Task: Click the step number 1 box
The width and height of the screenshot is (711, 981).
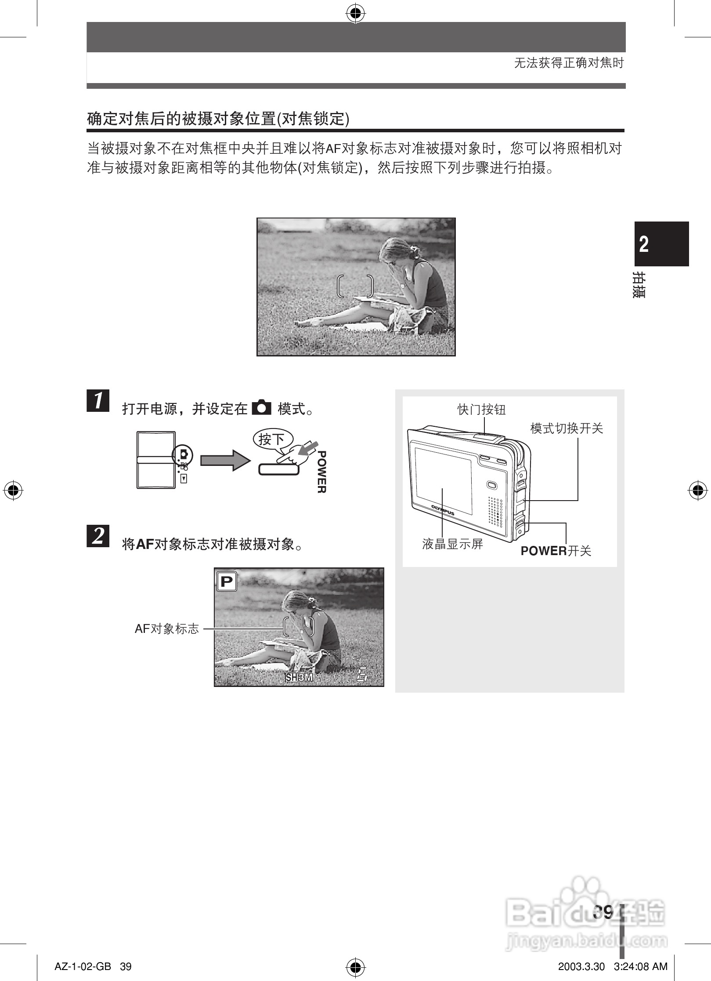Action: pos(98,400)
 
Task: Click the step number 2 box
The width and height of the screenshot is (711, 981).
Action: pos(98,536)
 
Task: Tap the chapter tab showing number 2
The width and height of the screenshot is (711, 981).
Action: pos(661,244)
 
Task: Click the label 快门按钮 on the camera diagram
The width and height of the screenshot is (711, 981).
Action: pos(481,410)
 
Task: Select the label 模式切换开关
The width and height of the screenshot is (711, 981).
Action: pos(567,428)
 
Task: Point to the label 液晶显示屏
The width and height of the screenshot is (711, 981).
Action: pos(452,545)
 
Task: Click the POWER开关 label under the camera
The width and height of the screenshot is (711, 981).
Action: pos(556,551)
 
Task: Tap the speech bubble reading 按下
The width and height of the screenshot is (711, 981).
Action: pos(271,439)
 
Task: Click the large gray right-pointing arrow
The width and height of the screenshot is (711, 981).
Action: pos(224,460)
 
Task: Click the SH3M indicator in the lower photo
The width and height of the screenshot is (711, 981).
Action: pos(299,677)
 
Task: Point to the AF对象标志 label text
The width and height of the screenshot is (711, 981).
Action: pos(166,629)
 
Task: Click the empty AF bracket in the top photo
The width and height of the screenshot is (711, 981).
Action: pos(356,287)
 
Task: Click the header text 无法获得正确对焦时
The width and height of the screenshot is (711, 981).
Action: pos(569,63)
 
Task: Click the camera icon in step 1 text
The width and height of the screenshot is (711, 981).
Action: pos(262,408)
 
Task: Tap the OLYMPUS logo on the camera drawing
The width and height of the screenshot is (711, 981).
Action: pos(442,510)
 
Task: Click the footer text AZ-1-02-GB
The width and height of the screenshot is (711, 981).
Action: pos(83,966)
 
